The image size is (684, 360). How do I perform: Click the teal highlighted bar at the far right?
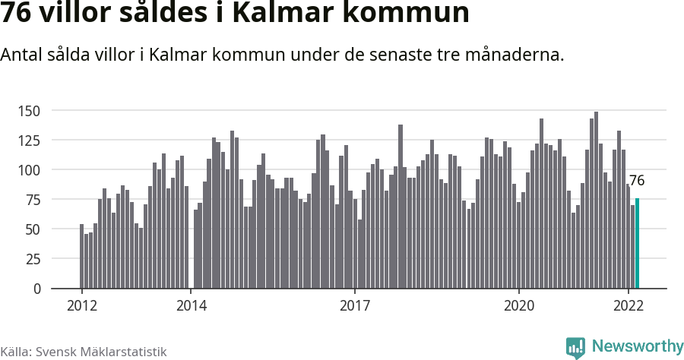pyautogui.click(x=637, y=243)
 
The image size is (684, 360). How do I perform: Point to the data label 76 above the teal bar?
pyautogui.click(x=637, y=181)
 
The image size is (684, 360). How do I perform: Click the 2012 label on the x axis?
pyautogui.click(x=82, y=306)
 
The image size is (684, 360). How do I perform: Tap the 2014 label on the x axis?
pyautogui.click(x=192, y=306)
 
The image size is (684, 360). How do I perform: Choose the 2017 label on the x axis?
pyautogui.click(x=355, y=306)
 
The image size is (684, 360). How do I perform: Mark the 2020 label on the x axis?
pyautogui.click(x=519, y=306)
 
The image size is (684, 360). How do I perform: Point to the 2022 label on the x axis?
pyautogui.click(x=629, y=306)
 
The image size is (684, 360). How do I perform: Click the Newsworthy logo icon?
pyautogui.click(x=575, y=347)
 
